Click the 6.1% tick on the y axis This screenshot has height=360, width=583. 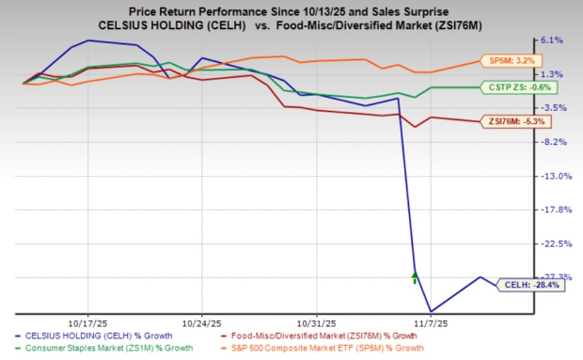pos(552,40)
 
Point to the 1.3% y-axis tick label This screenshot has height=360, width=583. pos(552,74)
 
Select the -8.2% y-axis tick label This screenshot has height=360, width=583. pos(552,142)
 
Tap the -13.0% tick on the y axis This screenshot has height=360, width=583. pos(552,176)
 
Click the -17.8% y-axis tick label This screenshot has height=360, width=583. pos(552,210)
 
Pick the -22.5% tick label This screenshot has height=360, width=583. pos(552,243)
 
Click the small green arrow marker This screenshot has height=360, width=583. pos(415,277)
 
